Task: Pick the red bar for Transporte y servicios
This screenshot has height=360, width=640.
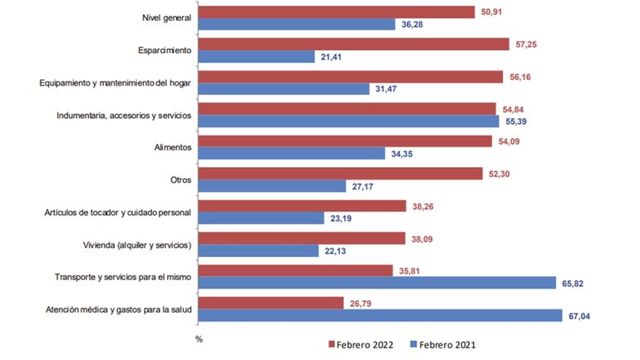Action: tap(296, 269)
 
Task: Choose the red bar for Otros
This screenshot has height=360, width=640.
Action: tap(341, 174)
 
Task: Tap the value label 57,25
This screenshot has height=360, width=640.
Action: tap(528, 44)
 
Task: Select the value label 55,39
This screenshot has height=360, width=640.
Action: tap(519, 121)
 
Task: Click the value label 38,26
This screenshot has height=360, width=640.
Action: tap(425, 205)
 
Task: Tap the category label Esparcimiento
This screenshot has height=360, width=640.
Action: tap(165, 51)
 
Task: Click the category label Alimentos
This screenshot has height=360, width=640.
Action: tap(173, 147)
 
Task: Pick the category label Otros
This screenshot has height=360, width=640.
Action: tap(180, 180)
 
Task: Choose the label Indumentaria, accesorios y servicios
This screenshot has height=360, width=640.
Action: tap(124, 116)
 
